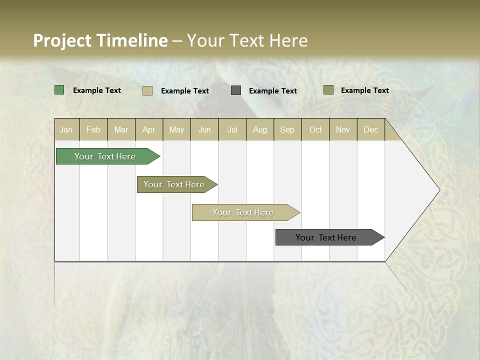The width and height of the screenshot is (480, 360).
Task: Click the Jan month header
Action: click(66, 129)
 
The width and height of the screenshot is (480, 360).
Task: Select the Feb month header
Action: click(93, 129)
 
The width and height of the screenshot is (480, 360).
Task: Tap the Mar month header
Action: click(121, 129)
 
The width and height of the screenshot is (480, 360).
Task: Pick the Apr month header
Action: click(149, 129)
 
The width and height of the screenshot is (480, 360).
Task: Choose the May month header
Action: click(176, 129)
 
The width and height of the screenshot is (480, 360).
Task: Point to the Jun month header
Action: click(204, 129)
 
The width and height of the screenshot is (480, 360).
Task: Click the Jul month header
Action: click(232, 129)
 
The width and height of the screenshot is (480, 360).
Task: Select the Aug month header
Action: click(260, 129)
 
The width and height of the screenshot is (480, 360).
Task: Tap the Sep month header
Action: click(287, 129)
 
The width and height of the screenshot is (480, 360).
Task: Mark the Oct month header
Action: click(315, 129)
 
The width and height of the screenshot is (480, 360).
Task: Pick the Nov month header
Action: click(343, 129)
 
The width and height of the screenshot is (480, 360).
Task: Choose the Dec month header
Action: click(371, 129)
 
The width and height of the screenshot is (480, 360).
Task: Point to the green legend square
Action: click(59, 90)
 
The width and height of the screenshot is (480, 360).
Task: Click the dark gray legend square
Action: click(236, 90)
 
